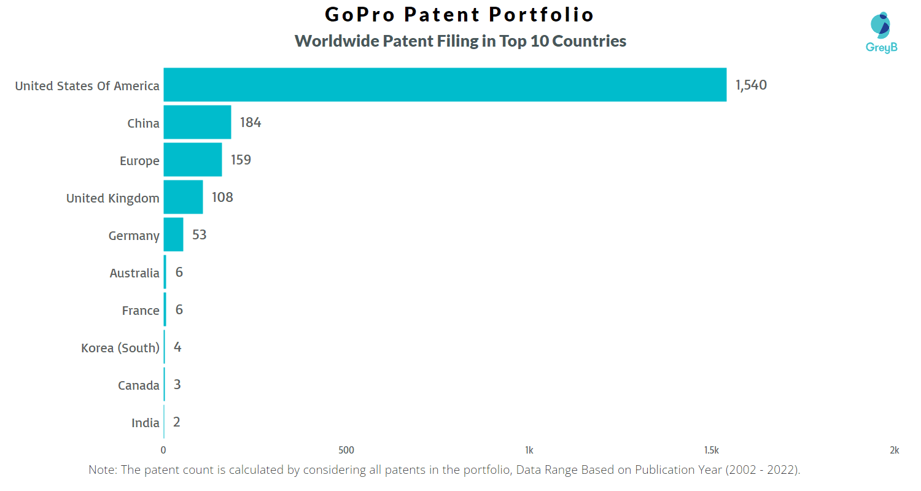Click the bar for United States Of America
[445, 85]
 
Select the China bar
[197, 122]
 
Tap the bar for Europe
[192, 160]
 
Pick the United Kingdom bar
[183, 197]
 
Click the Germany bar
[173, 234]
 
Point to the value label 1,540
[751, 85]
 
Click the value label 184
[251, 123]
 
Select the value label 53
[199, 235]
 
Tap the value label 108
[222, 198]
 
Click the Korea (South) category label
[120, 348]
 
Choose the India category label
[146, 423]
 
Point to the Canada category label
[139, 385]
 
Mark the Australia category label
[134, 273]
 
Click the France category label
[141, 311]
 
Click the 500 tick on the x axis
[346, 450]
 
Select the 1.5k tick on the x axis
[712, 450]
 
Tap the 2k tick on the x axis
[894, 450]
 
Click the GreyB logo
[881, 32]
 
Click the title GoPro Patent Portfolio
[460, 15]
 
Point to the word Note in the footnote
[102, 470]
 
